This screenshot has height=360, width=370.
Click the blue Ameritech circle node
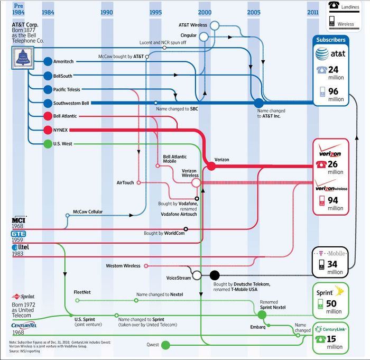click(48, 62)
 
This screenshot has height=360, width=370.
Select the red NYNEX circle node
click(48, 130)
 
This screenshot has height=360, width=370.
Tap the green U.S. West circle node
click(48, 143)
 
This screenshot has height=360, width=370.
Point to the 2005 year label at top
click(253, 12)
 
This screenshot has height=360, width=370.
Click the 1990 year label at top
click(106, 12)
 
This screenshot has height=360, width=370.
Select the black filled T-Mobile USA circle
click(214, 275)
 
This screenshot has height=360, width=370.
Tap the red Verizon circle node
click(210, 166)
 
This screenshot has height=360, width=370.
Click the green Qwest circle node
click(165, 345)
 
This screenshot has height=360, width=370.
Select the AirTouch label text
click(125, 182)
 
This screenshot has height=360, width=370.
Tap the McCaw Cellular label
click(88, 212)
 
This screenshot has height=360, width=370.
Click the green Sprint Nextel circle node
click(262, 314)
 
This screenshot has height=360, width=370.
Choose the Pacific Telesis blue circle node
click(48, 89)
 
